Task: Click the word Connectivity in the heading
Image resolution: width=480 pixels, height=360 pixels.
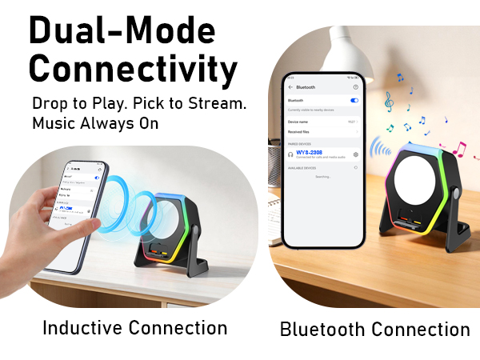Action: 133,70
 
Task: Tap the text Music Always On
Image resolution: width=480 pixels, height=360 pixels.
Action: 95,124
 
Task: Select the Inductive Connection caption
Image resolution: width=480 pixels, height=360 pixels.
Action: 134,328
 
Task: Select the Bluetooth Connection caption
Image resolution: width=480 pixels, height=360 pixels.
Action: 374,329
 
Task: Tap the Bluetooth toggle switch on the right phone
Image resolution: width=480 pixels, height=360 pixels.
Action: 354,101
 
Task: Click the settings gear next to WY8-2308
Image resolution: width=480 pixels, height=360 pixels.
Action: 355,154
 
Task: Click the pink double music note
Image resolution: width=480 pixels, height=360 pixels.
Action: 458,148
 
